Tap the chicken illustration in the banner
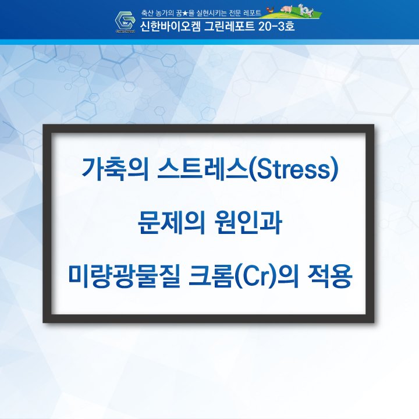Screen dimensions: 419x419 coord(271,10)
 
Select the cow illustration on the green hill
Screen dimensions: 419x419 coord(306,10)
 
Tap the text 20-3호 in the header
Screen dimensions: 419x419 coord(276,26)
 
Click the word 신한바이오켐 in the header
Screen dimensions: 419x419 coord(170,26)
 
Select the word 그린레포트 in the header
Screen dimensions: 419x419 coord(229,26)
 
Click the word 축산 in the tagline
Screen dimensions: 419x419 coord(147,13)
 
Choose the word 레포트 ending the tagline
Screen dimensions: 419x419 coord(253,13)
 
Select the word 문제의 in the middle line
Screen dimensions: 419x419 coord(171,223)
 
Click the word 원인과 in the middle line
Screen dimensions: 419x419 coord(248,223)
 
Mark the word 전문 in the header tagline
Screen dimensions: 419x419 coord(235,13)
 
